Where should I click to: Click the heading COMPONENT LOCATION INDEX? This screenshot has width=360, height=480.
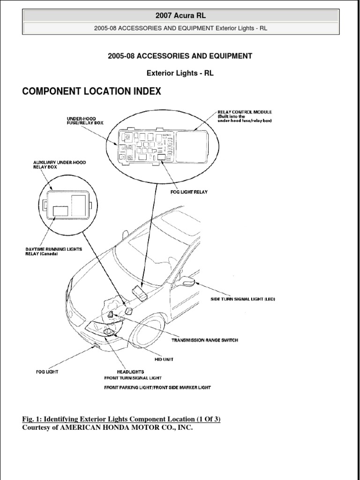91,91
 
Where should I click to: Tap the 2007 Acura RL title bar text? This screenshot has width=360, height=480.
180,16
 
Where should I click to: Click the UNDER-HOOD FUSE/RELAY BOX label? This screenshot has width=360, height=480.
85,120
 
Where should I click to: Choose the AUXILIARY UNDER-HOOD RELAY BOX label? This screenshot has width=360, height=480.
60,165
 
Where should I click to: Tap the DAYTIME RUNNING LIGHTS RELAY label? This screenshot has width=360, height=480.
53,252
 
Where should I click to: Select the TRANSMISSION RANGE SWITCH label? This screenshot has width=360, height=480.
204,340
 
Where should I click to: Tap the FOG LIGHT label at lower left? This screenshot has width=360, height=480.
47,372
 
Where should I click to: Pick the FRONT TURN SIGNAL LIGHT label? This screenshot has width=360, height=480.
133,378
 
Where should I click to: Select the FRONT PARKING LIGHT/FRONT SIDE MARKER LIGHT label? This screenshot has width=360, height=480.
157,388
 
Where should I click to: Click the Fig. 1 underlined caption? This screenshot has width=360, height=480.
121,419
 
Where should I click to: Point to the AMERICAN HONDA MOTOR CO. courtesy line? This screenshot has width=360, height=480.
107,427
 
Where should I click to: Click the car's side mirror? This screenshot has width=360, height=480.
187,282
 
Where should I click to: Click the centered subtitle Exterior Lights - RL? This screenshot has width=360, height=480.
180,73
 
